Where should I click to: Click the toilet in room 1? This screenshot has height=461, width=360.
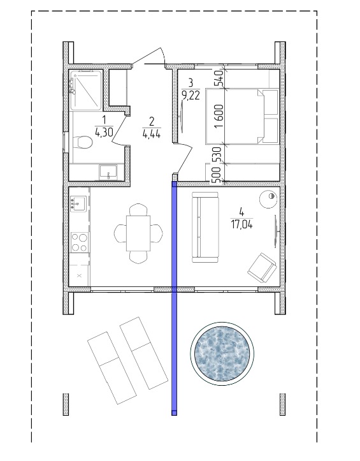tap(83, 142)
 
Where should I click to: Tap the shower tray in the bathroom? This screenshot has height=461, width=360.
tap(85, 90)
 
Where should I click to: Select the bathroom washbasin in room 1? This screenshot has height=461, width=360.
tap(108, 172)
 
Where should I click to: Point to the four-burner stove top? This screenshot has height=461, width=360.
tap(80, 242)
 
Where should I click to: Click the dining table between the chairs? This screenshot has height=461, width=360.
tap(138, 233)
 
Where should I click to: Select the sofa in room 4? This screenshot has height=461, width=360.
tap(205, 227)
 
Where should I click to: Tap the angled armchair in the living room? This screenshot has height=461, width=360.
tap(262, 268)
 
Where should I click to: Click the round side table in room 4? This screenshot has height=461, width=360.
tap(269, 200)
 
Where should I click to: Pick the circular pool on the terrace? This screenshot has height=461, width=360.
tap(222, 354)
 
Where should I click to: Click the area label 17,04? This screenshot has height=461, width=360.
tap(241, 225)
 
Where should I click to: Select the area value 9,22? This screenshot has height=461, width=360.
tap(191, 96)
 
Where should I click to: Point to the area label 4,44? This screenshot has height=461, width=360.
tap(152, 135)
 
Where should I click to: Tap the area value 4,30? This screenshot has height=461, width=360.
tap(104, 133)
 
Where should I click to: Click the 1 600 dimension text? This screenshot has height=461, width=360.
tap(219, 117)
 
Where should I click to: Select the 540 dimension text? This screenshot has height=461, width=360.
tap(220, 78)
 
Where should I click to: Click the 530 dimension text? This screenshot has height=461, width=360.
tap(217, 154)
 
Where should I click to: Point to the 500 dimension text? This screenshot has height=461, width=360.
tap(217, 175)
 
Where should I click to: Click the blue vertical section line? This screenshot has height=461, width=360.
tap(175, 298)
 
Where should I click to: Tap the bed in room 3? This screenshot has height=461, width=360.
tap(243, 117)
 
